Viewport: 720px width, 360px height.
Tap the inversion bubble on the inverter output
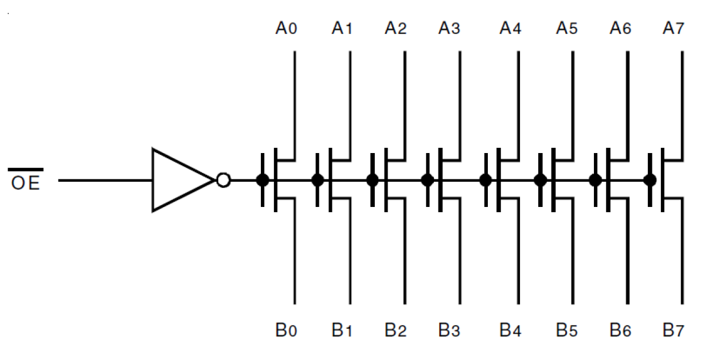point(224,180)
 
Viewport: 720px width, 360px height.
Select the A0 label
point(286,28)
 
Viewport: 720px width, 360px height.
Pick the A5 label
point(566,28)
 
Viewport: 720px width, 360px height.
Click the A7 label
point(674,28)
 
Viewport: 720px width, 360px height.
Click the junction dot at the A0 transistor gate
point(262,180)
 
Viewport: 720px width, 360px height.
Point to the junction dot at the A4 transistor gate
point(486,180)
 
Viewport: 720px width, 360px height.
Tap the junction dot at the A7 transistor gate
point(649,180)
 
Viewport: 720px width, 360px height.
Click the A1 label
point(342,28)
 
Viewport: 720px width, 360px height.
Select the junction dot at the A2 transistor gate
point(372,180)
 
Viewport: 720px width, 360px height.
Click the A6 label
point(620,28)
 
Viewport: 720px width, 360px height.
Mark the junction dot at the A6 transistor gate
point(596,180)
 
